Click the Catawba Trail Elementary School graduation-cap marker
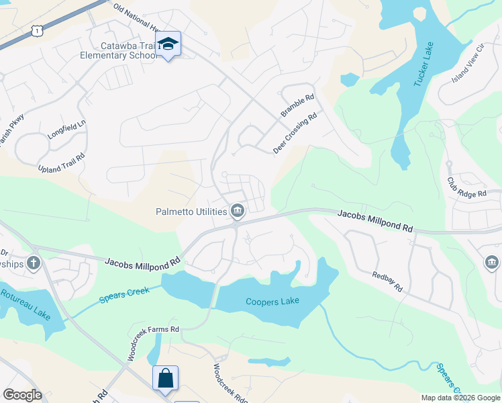[x=168, y=44]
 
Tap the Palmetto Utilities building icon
[x=237, y=212]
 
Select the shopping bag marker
[x=165, y=377]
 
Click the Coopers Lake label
[x=270, y=302]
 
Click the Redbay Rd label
[x=387, y=281]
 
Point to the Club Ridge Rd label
[x=466, y=188]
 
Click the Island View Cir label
[x=468, y=64]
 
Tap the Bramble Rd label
[x=297, y=106]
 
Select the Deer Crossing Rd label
[x=295, y=133]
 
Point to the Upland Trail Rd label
[x=61, y=162]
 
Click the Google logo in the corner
[x=22, y=395]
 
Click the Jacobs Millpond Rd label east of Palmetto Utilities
[x=374, y=220]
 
